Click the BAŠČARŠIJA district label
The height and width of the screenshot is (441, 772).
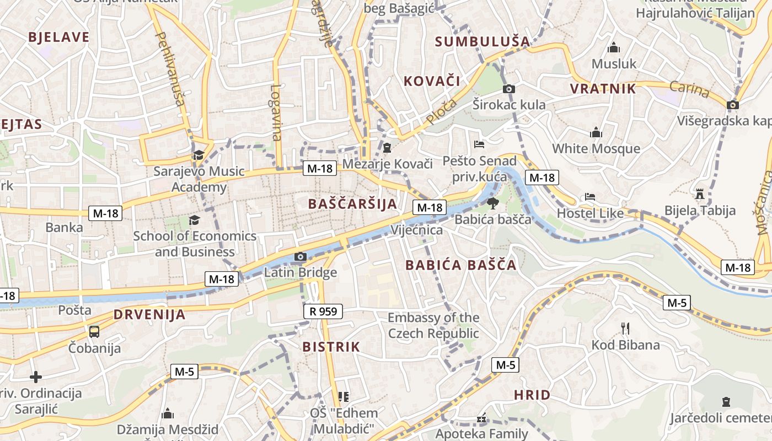(x=352, y=203)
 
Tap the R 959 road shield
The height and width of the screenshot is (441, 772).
(x=323, y=311)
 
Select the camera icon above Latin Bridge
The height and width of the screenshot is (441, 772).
(x=301, y=256)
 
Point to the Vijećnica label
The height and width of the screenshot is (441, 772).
(x=416, y=230)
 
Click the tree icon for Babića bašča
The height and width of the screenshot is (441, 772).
(x=492, y=203)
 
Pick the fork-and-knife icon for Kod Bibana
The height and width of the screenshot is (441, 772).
(x=625, y=329)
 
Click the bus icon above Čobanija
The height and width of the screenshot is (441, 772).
(x=94, y=331)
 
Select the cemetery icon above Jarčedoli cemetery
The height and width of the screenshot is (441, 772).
(x=726, y=402)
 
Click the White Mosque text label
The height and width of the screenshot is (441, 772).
(x=596, y=148)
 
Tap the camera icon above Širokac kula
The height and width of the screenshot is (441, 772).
(x=509, y=89)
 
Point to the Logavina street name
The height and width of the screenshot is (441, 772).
(x=276, y=112)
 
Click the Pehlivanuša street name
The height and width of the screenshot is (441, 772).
(x=170, y=68)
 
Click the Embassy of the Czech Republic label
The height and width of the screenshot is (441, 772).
(x=433, y=325)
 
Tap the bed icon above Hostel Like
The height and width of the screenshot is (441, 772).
(x=590, y=197)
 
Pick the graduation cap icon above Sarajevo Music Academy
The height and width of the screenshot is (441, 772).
(x=199, y=155)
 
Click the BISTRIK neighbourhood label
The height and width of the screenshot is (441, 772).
(x=331, y=347)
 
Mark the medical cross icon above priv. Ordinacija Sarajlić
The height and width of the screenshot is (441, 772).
(x=36, y=377)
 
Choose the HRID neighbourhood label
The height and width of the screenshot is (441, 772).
(x=532, y=395)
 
